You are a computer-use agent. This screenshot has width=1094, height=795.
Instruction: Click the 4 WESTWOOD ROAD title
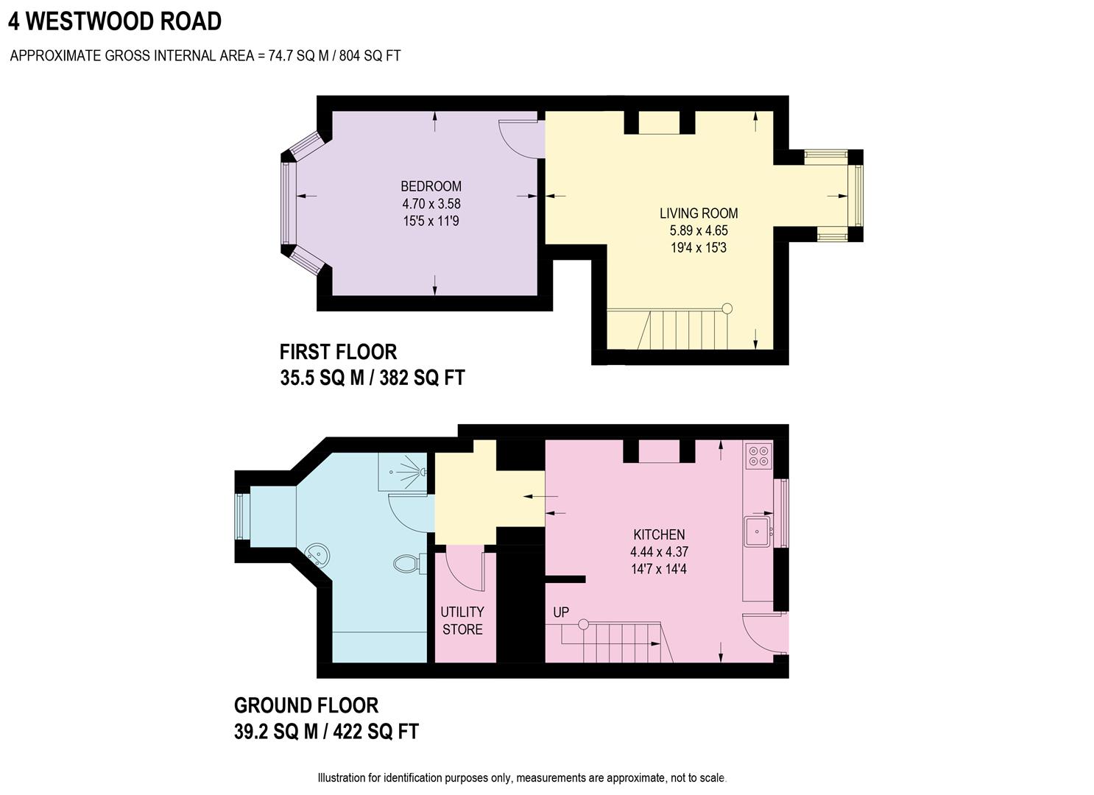(115, 21)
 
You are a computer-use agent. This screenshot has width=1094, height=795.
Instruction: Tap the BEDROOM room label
(431, 186)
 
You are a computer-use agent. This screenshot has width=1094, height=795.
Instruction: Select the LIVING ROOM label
(698, 213)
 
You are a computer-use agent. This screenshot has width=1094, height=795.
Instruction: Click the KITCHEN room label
(659, 534)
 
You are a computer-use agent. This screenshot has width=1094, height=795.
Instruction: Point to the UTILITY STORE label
(462, 621)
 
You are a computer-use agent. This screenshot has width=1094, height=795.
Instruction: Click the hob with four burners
(758, 456)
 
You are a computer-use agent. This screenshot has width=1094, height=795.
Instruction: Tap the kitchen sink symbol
(757, 531)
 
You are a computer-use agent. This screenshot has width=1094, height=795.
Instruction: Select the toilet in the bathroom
(407, 565)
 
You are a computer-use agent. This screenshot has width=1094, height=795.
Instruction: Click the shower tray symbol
(402, 472)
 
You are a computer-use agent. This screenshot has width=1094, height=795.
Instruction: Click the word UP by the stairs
(561, 612)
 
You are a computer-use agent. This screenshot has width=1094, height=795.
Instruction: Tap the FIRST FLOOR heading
(338, 352)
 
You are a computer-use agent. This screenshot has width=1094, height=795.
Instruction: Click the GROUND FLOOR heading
(306, 705)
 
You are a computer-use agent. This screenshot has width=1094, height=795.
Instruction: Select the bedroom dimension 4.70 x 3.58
(431, 204)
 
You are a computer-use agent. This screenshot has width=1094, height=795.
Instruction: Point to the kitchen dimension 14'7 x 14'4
(659, 569)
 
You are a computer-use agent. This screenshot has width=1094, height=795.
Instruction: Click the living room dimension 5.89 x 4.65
(698, 230)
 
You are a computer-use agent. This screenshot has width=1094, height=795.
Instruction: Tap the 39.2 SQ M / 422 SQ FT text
(326, 732)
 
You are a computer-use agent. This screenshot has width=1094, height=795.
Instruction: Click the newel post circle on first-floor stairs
(727, 308)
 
